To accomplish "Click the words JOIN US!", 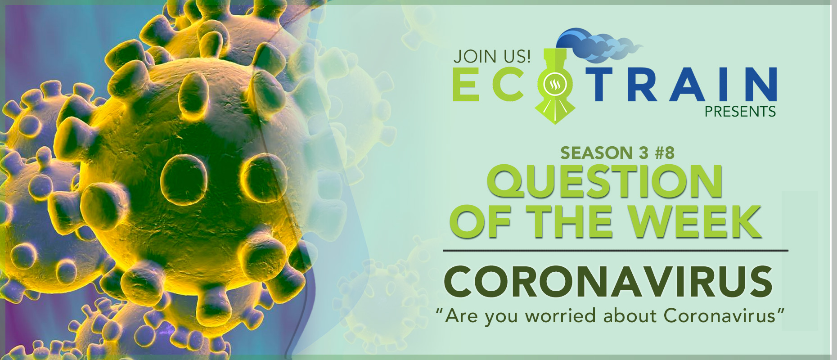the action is [x=492, y=56].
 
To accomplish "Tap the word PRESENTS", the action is [x=740, y=112].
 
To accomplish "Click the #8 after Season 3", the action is [x=665, y=153].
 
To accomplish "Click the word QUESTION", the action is [x=604, y=181].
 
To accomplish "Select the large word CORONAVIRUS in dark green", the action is [x=608, y=281].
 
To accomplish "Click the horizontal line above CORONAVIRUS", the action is [x=616, y=250].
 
